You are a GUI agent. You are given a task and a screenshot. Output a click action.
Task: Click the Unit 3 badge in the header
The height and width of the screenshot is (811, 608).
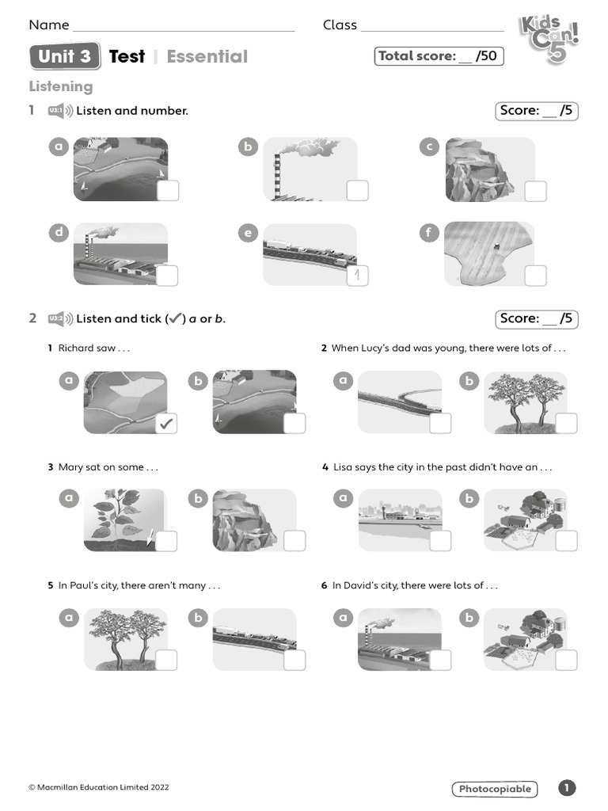[x=65, y=56]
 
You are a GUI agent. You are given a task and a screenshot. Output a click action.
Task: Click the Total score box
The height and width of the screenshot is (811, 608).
[x=439, y=56]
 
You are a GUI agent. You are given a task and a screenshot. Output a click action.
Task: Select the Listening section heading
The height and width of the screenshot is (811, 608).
[x=61, y=86]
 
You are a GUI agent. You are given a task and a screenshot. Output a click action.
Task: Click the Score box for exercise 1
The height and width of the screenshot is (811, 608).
[x=536, y=111]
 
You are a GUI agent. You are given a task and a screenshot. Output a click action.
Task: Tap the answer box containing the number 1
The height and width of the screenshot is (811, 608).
[x=358, y=275]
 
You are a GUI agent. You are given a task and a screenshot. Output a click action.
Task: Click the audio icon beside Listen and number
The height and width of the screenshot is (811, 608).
[x=60, y=111]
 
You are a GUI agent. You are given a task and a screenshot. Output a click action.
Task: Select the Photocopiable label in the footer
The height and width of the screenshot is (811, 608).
[x=495, y=789]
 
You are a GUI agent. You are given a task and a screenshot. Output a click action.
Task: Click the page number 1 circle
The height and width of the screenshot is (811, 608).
[x=567, y=788]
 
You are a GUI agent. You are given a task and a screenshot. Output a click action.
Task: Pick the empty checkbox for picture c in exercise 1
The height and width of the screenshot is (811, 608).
[x=536, y=191]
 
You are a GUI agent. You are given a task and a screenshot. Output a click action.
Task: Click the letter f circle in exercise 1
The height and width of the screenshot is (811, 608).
[x=429, y=232]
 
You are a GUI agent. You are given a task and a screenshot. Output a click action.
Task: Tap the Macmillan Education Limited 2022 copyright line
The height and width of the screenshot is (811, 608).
[x=99, y=787]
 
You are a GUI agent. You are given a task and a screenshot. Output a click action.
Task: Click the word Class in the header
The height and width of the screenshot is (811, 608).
[x=340, y=25]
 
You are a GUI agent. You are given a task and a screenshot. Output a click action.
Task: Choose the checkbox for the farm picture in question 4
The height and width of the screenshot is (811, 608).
[x=566, y=542]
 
